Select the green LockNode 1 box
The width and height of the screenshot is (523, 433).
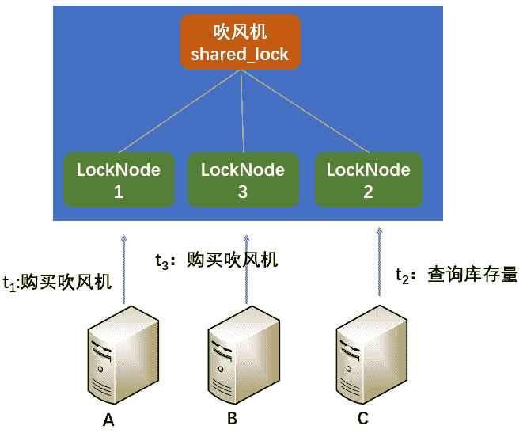tap(119, 180)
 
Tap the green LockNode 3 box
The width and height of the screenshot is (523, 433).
tap(243, 180)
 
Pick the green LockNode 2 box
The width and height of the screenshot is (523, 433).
tap(368, 180)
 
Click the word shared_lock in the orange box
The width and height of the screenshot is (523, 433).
tap(240, 55)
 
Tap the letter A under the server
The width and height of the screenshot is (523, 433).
tap(109, 420)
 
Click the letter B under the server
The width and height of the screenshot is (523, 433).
tap(232, 418)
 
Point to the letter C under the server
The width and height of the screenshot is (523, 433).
tap(363, 418)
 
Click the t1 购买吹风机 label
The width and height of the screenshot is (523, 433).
tap(57, 283)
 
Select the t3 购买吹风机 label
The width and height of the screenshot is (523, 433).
tap(216, 260)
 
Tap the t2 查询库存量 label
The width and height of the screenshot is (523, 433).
tap(456, 275)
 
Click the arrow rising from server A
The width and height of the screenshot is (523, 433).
tap(124, 269)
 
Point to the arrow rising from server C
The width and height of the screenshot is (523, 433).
tap(379, 261)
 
